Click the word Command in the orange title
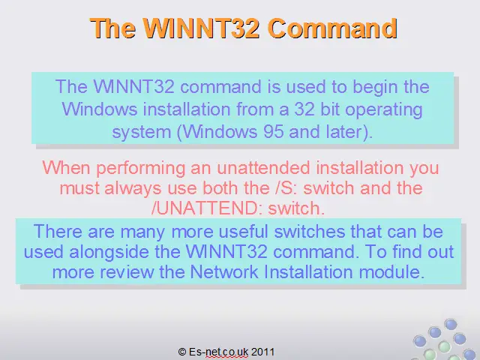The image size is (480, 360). tap(333, 28)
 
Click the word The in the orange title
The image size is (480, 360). tap(113, 28)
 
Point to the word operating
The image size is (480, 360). tap(384, 110)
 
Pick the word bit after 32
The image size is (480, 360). tap(330, 109)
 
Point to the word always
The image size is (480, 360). tap(133, 189)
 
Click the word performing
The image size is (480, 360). tap(141, 169)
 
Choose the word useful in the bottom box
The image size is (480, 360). tap(243, 231)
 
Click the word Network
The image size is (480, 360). tap(223, 271)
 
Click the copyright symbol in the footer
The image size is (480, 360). tap(182, 352)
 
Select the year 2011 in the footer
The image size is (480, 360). tap(262, 352)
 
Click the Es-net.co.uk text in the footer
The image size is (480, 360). tap(218, 352)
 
